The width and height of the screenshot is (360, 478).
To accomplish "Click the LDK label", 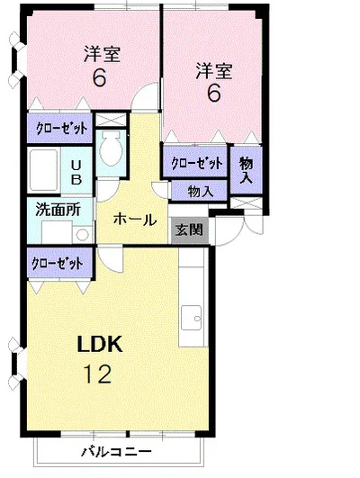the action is (x=100, y=344).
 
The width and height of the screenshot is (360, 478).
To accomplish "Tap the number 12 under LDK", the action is (x=97, y=374).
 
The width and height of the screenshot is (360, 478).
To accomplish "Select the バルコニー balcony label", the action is (x=116, y=451).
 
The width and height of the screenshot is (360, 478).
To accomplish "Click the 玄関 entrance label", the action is (x=189, y=230).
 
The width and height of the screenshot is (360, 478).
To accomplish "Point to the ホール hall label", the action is (x=135, y=219).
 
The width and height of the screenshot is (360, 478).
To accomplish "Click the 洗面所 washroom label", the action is (x=58, y=210).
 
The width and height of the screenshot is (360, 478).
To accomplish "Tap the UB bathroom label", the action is (x=76, y=173).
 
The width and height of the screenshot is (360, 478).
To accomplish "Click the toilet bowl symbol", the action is (x=111, y=148).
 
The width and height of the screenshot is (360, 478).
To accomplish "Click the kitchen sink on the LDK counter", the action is (x=191, y=318).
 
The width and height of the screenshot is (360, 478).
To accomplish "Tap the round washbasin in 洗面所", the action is (x=82, y=235).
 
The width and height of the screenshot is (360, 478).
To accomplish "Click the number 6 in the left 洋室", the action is (x=99, y=78).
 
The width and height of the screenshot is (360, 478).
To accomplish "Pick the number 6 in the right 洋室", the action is (x=213, y=94).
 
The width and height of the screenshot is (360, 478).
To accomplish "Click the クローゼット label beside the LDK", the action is (x=58, y=263).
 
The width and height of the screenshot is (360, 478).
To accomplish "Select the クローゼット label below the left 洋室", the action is (x=61, y=129).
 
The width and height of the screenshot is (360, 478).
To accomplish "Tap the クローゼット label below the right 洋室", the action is (x=197, y=163).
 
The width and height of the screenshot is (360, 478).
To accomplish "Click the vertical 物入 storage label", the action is (x=246, y=170).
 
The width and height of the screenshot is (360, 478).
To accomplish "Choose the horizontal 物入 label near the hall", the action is (x=201, y=191).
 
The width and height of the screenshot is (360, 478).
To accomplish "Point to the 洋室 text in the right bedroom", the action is (x=214, y=71).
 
